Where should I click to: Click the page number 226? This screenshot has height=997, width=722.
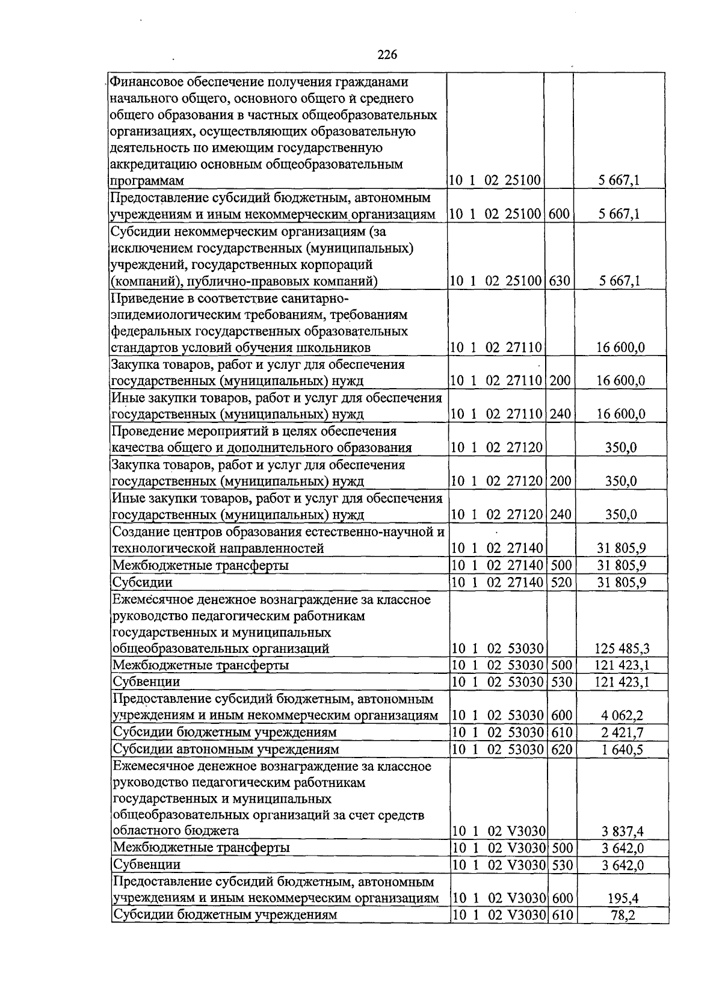[x=387, y=55]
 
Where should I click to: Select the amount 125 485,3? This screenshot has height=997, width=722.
[x=622, y=649]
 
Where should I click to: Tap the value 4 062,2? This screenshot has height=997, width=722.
[x=622, y=715]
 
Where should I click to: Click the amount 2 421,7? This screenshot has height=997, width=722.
[x=622, y=732]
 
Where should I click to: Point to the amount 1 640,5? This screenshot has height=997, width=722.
[x=622, y=749]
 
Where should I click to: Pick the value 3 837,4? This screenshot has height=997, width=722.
[x=622, y=832]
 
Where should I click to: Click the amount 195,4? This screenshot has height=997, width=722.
[x=623, y=898]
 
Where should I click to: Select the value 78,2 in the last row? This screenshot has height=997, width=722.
[x=623, y=915]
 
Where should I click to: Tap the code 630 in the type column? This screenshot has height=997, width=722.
[x=560, y=281]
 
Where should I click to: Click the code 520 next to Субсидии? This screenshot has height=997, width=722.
[x=561, y=582]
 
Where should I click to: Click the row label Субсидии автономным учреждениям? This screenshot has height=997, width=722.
[x=226, y=749]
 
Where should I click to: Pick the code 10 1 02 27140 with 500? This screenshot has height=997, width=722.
[x=496, y=565]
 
